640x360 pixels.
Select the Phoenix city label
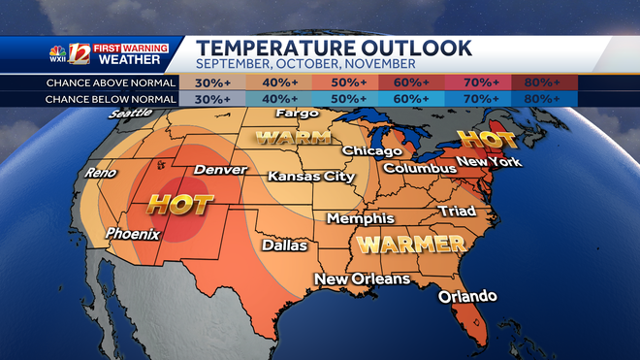point(133,234)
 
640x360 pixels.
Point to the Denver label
point(220,171)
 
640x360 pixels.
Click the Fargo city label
point(297,115)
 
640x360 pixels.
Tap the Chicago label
point(370,151)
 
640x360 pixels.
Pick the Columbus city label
point(419,169)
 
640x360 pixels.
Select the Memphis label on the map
point(361,219)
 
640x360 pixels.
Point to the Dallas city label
point(284,245)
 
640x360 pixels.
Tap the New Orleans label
point(361,279)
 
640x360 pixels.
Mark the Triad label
point(457,211)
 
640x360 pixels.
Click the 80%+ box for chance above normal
point(545,82)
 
